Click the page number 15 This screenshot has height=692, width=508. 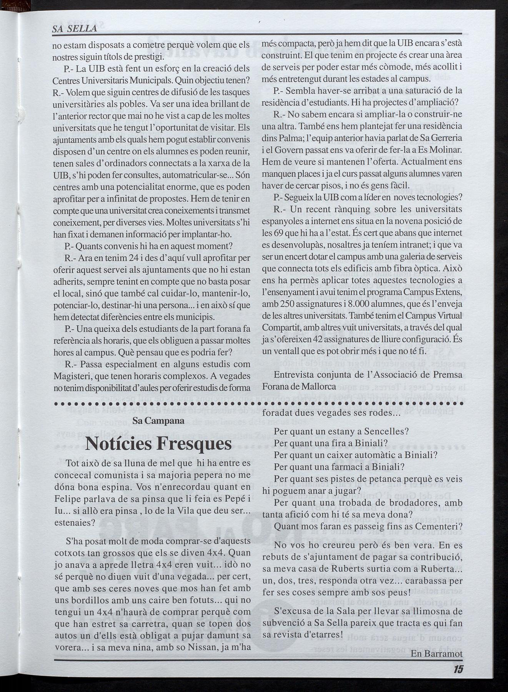coord(457,669)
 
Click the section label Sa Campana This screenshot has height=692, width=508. coord(158,421)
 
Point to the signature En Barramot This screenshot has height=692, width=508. coord(436,654)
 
